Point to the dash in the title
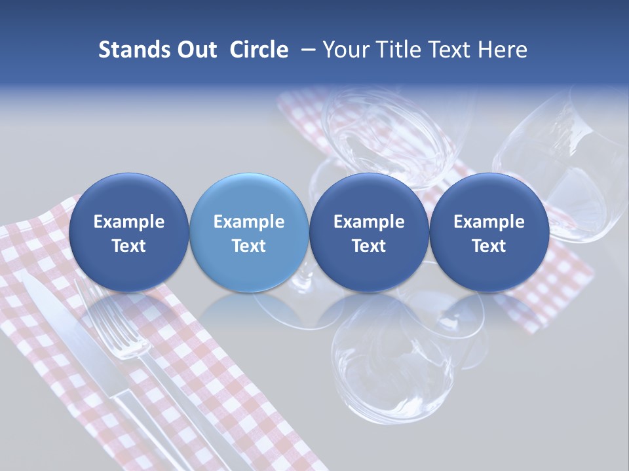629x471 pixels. pyautogui.click(x=306, y=50)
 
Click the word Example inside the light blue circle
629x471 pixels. pyautogui.click(x=248, y=222)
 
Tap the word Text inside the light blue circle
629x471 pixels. pyautogui.click(x=248, y=246)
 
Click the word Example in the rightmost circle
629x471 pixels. pyautogui.click(x=489, y=222)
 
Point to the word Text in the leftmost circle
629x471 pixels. pyautogui.click(x=128, y=246)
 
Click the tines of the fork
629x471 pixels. pyautogui.click(x=105, y=321)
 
